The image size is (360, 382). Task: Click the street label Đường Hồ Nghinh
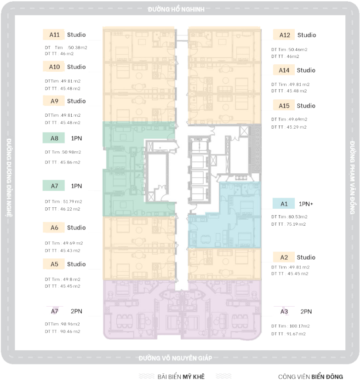point(176,9)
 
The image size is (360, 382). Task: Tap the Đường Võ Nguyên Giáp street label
point(176,358)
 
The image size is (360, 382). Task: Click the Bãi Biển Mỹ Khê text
point(180,376)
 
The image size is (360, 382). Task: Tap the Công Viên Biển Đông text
point(310,376)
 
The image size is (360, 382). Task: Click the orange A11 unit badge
point(54,35)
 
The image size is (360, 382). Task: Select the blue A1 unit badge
point(284,204)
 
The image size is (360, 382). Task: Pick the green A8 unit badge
point(54,138)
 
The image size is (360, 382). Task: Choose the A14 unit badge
point(284,70)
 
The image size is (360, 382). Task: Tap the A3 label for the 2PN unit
point(284,312)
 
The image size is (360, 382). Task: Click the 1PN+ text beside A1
point(306,204)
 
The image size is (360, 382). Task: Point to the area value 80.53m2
point(298,217)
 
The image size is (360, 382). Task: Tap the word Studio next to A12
point(306,35)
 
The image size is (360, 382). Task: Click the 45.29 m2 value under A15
point(297,127)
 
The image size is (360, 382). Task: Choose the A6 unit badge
point(54,228)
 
